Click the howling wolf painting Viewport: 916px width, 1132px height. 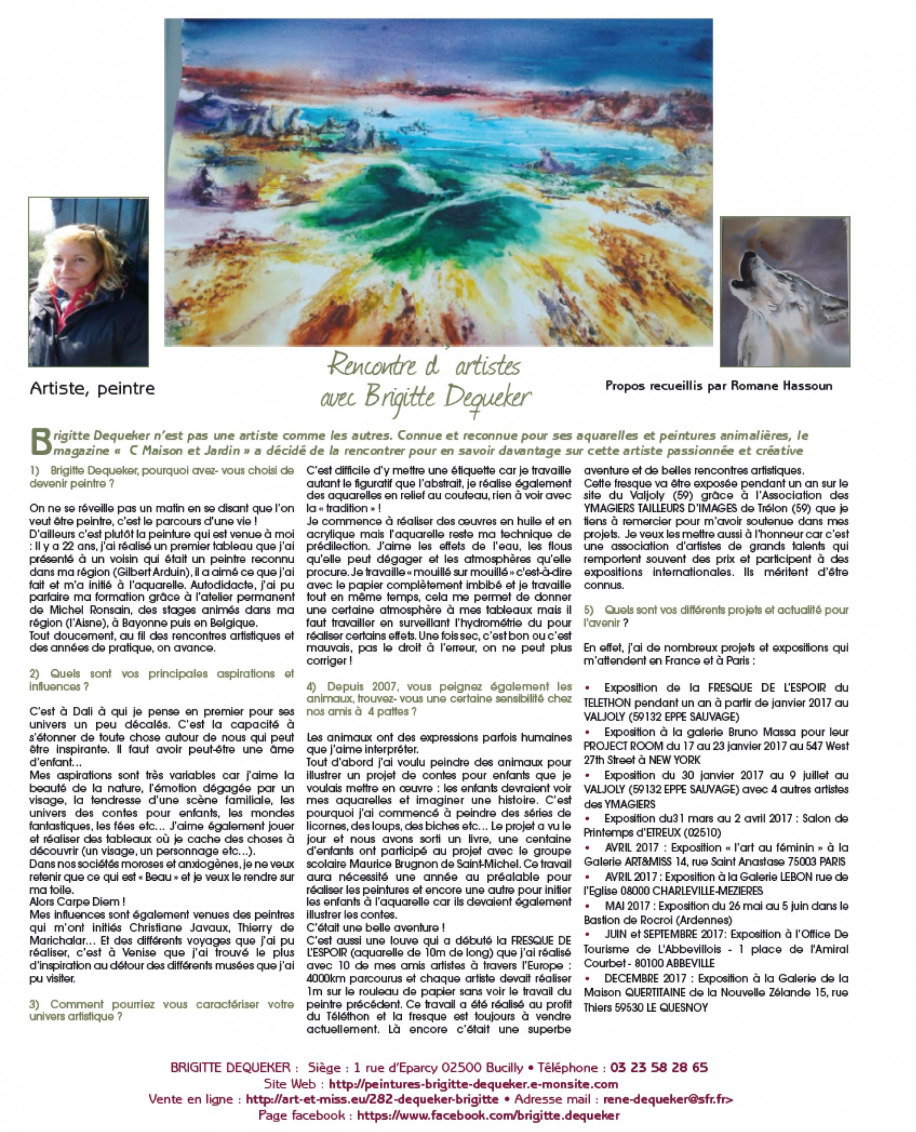785,292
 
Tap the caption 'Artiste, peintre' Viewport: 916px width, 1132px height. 92,389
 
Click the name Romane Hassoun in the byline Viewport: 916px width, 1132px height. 782,386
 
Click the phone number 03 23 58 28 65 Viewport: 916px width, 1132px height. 658,1068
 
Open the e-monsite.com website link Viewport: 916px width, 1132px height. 473,1084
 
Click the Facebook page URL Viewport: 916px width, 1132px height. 488,1115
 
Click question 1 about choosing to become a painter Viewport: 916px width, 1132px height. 162,476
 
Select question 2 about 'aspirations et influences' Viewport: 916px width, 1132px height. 162,680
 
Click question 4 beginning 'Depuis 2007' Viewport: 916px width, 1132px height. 439,699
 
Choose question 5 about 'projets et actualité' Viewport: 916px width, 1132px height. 716,616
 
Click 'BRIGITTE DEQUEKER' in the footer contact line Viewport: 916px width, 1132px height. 230,1068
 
